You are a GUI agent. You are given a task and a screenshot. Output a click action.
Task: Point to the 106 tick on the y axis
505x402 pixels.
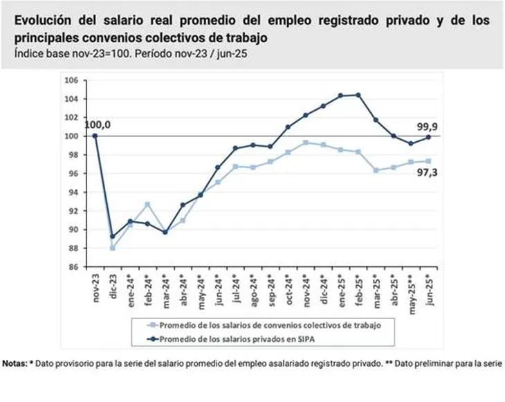tap(72, 80)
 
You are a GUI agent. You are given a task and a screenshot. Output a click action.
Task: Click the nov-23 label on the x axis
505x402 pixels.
tap(95, 285)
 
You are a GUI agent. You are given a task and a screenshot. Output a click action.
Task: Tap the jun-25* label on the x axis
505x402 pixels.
tap(428, 286)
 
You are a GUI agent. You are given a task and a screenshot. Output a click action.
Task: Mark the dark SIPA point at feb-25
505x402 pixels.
tap(358, 95)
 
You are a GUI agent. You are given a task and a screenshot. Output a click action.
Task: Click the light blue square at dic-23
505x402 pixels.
tap(112, 248)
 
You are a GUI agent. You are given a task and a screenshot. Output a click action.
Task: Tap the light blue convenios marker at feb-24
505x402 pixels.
tap(147, 204)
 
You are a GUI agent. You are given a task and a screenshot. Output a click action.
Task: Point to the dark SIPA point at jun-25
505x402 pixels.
tap(428, 137)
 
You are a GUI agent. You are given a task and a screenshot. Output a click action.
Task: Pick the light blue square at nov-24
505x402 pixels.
tap(306, 142)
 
